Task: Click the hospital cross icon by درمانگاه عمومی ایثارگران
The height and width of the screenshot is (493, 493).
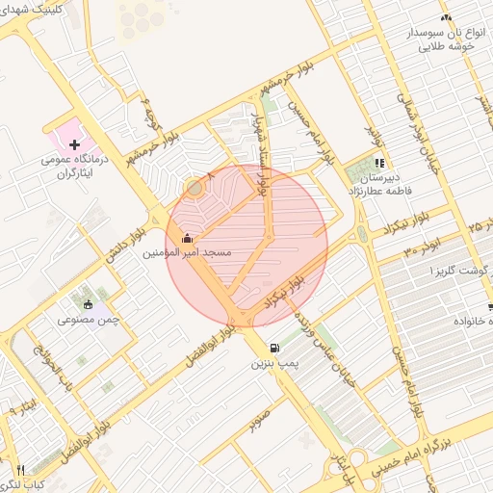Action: (74, 143)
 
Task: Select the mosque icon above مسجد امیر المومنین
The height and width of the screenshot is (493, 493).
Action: (186, 238)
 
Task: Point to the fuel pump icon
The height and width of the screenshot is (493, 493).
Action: (276, 348)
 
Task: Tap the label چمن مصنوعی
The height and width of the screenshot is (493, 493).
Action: (88, 319)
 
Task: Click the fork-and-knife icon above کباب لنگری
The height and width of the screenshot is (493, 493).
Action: (20, 469)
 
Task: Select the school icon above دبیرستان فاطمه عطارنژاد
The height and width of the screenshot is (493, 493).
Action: (379, 164)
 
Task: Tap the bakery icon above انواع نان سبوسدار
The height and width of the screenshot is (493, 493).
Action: (445, 18)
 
